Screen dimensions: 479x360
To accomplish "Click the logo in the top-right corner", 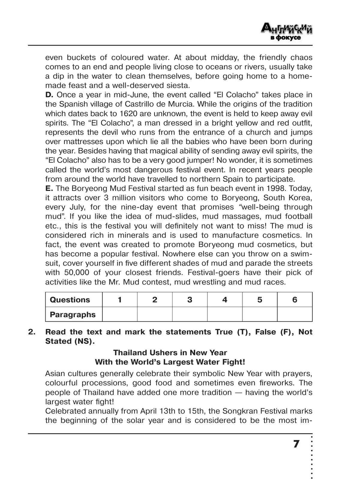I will click(x=286, y=32).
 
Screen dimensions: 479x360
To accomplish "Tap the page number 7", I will click(x=296, y=444).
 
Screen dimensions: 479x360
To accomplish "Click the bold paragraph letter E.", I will click(x=49, y=188).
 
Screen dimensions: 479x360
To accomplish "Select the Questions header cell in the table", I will click(x=70, y=300).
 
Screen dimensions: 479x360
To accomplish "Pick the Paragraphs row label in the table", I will click(x=73, y=315).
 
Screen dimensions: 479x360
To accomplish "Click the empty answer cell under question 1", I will click(x=120, y=314).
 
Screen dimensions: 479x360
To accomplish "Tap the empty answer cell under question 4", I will click(x=225, y=314).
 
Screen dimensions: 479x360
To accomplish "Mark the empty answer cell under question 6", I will click(x=295, y=314).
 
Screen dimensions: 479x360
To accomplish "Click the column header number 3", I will click(x=190, y=300).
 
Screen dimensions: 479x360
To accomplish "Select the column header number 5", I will click(x=260, y=300).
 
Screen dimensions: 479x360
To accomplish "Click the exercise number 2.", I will click(x=31, y=332).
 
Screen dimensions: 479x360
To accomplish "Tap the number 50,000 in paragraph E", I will click(x=76, y=273).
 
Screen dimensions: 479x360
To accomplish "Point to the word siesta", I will click(x=176, y=86).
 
